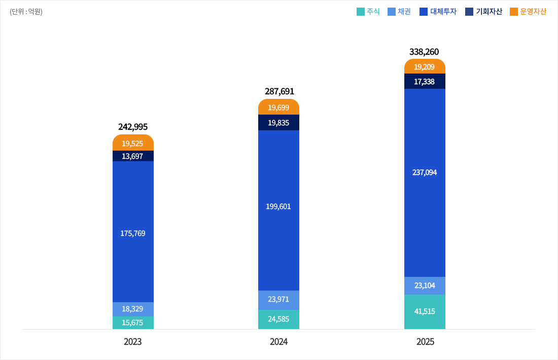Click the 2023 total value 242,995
133,127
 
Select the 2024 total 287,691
279,91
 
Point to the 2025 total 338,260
424,52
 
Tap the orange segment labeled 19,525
133,143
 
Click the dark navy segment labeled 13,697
133,156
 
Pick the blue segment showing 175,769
133,233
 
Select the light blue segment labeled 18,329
133,309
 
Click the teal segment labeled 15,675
133,322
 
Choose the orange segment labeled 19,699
278,107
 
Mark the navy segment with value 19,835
278,123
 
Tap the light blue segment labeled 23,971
278,300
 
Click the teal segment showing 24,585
278,319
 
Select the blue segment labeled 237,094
425,172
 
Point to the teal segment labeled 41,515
425,311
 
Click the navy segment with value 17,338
425,81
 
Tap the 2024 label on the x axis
279,342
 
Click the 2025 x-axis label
425,342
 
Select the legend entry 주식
369,12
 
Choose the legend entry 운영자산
528,12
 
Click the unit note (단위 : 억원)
26,12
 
